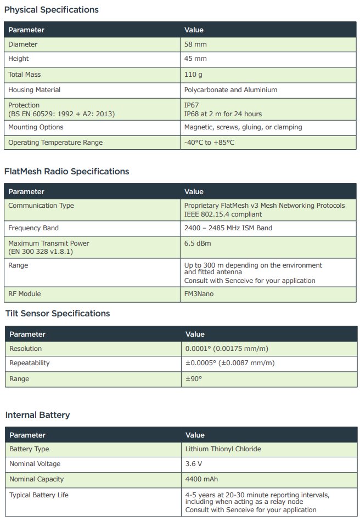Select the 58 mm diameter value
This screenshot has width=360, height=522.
(x=195, y=44)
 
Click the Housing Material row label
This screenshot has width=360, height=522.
(x=35, y=89)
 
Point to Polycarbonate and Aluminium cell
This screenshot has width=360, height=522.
(x=230, y=89)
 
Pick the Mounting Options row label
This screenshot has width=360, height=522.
(x=36, y=127)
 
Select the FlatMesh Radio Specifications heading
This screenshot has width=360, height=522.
(x=66, y=172)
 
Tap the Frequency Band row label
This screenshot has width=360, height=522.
(x=33, y=228)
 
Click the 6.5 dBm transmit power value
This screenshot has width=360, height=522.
(x=198, y=243)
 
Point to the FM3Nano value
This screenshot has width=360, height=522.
(x=199, y=293)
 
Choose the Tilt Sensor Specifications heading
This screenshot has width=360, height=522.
(x=58, y=314)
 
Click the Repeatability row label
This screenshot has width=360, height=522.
(x=30, y=363)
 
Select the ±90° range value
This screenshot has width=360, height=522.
(x=194, y=379)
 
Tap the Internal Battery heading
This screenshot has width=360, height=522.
(x=37, y=415)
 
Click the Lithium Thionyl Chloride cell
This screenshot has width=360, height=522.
(x=223, y=449)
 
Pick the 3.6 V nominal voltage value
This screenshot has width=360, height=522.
(x=194, y=464)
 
